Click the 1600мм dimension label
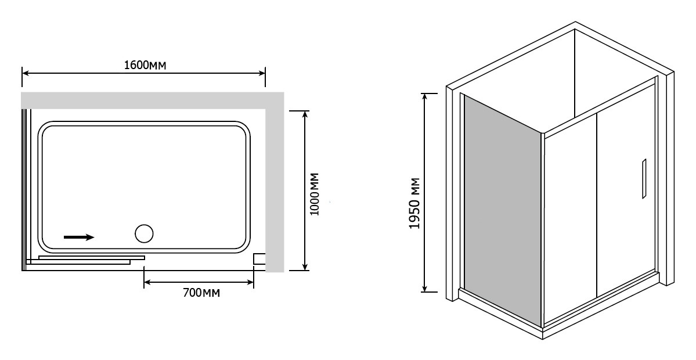point(145,65)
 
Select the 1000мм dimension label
point(315,194)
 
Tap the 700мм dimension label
point(201,293)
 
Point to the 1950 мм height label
point(414,203)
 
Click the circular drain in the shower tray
point(144,233)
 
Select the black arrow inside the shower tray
point(79,237)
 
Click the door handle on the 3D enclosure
point(644,178)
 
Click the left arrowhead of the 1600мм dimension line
point(26,73)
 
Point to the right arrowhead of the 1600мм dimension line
point(261,73)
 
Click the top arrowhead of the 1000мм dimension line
point(305,114)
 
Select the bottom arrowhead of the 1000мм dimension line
point(305,266)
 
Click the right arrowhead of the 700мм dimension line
point(250,282)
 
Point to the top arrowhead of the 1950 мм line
point(425,98)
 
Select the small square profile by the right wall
point(259,259)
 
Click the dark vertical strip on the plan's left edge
point(24,189)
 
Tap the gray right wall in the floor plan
point(275,182)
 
